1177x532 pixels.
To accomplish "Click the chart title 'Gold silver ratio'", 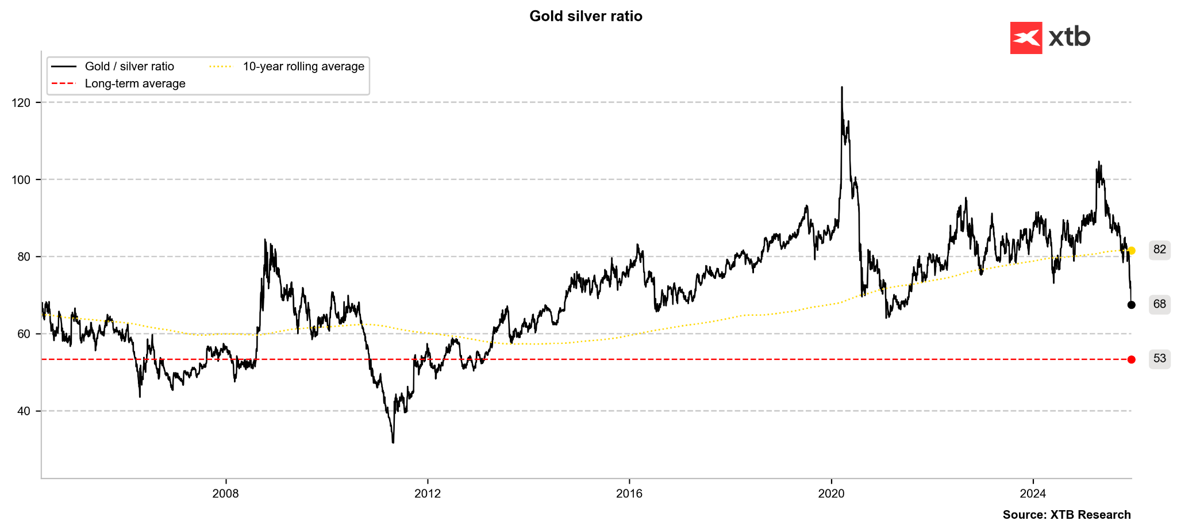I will [x=586, y=16].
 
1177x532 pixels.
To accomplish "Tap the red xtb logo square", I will [x=1026, y=38].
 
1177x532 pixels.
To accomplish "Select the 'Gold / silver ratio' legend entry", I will [x=129, y=67].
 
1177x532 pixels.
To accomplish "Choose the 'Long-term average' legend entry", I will [x=134, y=84].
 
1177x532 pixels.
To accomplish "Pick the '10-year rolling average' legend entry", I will [x=303, y=67].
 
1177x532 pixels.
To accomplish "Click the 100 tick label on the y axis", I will [x=21, y=180].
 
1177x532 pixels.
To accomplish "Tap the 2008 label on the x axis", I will [x=225, y=493].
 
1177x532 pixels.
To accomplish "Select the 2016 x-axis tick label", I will [x=629, y=493].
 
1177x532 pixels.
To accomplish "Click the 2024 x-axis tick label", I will [x=1033, y=493].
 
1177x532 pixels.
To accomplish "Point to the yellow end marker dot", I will [x=1132, y=251].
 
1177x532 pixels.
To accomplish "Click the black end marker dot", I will [x=1132, y=305].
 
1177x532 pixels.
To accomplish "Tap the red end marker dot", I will [x=1132, y=359].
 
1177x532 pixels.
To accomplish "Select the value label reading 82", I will [x=1160, y=250].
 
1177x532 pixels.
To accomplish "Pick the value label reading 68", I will [x=1160, y=304].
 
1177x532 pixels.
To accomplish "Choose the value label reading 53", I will [x=1160, y=359].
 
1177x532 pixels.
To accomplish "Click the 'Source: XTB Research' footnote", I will [x=1067, y=515].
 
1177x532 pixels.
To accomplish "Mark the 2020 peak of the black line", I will [x=842, y=87].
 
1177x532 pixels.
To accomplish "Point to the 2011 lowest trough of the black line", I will [x=393, y=442].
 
